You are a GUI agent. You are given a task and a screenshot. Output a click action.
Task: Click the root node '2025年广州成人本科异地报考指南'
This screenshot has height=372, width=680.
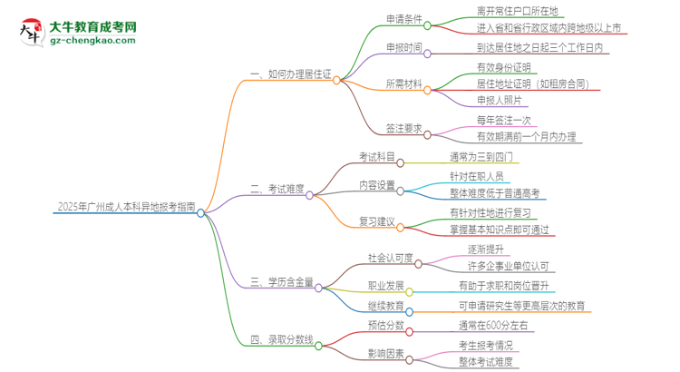[x=99, y=209]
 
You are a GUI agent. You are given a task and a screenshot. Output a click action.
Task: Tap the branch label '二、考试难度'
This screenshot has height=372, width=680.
[x=277, y=190]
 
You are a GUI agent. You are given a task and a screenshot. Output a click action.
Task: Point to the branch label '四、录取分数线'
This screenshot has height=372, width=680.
[x=281, y=339]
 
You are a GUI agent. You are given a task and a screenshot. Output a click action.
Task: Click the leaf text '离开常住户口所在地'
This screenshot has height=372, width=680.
[x=518, y=11]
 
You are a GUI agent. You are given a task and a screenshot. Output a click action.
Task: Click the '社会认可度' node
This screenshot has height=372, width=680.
[x=389, y=259]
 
